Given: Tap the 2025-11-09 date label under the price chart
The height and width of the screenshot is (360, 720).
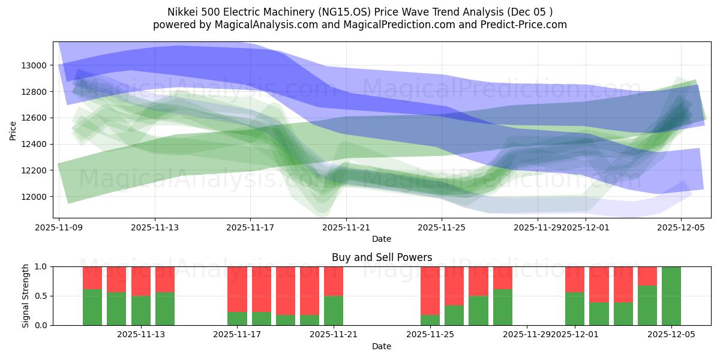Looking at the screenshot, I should coord(59,227).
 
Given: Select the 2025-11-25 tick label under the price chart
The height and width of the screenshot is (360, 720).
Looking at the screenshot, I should coord(442,227).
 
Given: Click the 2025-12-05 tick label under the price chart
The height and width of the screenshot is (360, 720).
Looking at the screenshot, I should coord(680,227).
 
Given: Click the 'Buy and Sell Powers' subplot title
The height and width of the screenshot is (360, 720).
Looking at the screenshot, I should coord(382,257).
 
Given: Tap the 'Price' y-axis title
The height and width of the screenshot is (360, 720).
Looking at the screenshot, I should coord(13,130).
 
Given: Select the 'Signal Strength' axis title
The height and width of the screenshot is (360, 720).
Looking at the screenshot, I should coord(25,295).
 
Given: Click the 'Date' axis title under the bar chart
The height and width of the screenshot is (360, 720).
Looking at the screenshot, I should coord(382,346).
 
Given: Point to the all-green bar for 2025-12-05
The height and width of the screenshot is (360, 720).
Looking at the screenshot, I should coord(671,296).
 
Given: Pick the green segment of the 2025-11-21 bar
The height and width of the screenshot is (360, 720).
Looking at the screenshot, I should coord(334,310).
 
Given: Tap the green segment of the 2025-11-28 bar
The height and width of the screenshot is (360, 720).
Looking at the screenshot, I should coord(503,307).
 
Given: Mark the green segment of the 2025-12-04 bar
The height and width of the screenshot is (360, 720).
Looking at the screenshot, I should coord(647,305).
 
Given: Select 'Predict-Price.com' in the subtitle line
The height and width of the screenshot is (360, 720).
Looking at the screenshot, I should coord(529,25).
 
